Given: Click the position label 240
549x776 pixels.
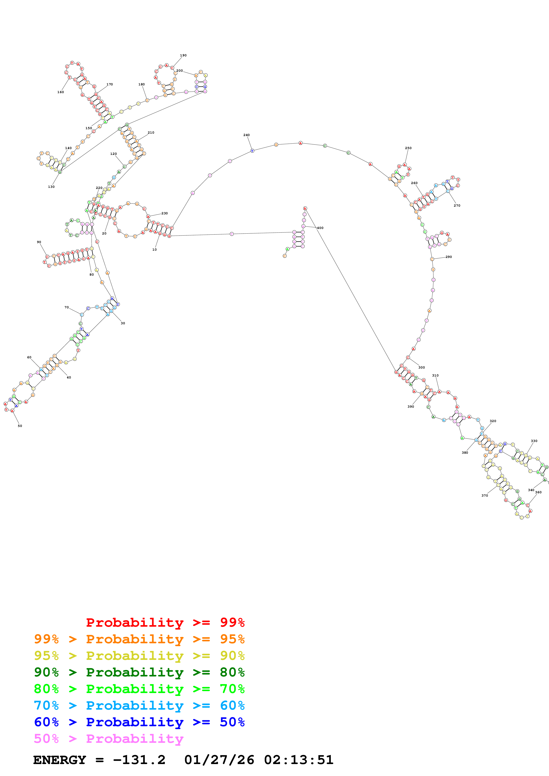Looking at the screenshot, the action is point(246,135).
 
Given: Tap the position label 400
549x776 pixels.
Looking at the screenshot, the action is point(320,228).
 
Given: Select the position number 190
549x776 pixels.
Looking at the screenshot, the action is point(183,56).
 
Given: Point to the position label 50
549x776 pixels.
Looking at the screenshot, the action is point(20,426).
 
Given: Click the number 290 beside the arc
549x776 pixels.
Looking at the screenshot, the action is point(448,257).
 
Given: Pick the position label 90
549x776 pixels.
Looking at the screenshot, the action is point(39,242).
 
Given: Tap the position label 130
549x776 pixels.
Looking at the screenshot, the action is point(51,186).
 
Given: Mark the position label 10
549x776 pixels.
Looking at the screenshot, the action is point(154,250).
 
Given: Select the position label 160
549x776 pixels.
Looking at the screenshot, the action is point(60,92).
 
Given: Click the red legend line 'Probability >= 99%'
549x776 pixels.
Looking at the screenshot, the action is point(165,622).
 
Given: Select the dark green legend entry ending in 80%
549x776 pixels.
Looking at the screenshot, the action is point(139,672).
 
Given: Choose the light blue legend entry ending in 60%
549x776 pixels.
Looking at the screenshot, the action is point(139,705).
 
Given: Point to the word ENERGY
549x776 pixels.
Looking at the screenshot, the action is point(60,760).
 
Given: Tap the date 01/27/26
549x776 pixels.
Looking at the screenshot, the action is point(219,760).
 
